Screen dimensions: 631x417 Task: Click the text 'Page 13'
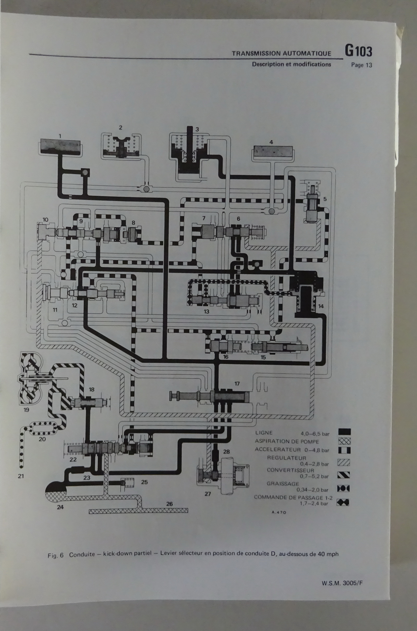[361, 65]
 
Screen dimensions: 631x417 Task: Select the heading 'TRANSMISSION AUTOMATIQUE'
[281, 53]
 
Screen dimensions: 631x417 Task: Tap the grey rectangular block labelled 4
[273, 151]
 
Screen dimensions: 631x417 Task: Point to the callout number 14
[321, 306]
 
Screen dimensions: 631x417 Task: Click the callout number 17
[237, 383]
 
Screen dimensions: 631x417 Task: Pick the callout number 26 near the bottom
[169, 504]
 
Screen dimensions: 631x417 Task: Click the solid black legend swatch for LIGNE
[344, 432]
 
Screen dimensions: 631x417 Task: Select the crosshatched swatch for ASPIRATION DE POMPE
[344, 441]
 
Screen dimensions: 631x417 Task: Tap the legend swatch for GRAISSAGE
[343, 488]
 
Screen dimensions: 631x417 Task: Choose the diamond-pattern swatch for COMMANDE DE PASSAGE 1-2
[343, 502]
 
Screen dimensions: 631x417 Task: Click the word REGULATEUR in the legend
[286, 458]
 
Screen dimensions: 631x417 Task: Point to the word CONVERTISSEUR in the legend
[290, 470]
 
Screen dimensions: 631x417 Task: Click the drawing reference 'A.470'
[279, 512]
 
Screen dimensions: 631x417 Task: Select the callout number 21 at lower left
[21, 476]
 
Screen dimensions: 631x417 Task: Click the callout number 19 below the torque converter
[26, 410]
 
